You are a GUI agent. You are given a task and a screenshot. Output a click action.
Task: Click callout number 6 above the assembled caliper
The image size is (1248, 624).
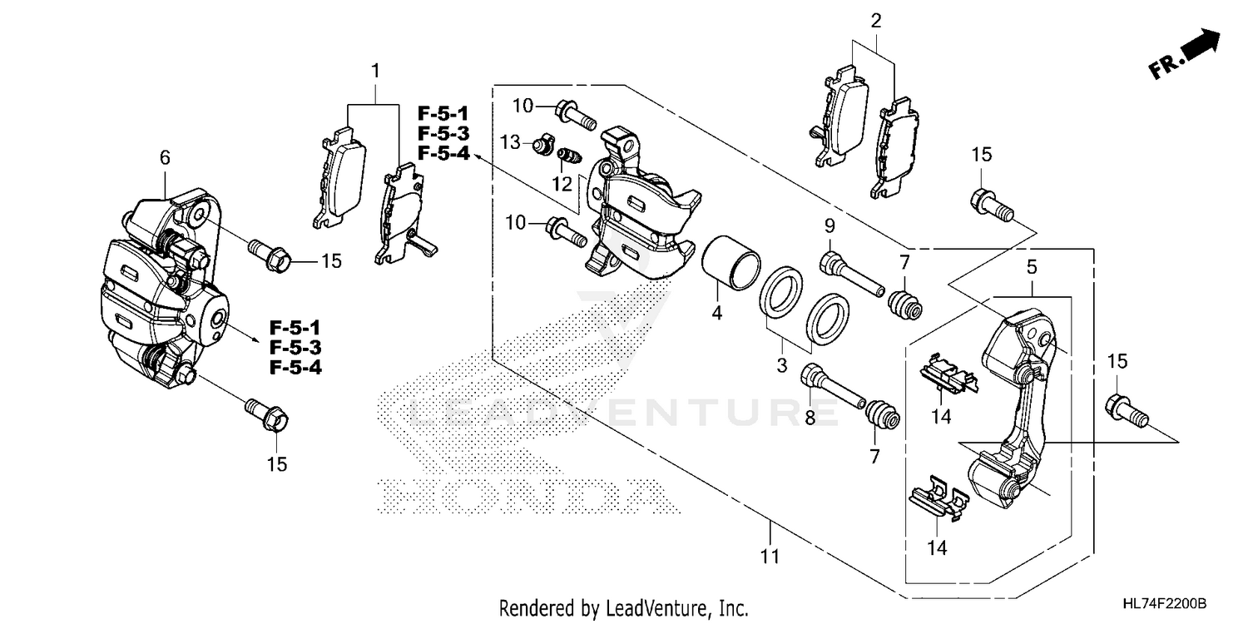click(x=164, y=156)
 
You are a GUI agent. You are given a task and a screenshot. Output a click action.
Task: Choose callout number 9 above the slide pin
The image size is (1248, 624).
click(x=829, y=225)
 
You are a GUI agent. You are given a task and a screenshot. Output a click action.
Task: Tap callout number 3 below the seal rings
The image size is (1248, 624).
click(x=781, y=366)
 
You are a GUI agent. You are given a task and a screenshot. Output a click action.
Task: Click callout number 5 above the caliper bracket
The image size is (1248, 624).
click(x=1031, y=268)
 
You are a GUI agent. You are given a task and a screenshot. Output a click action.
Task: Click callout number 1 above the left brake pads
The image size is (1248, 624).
click(x=375, y=71)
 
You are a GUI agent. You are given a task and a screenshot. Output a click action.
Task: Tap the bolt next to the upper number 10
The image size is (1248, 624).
click(x=575, y=114)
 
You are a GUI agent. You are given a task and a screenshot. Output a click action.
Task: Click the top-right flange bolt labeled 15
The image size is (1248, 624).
click(x=988, y=203)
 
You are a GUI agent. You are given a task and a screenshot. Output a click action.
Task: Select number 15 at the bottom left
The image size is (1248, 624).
click(x=276, y=464)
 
